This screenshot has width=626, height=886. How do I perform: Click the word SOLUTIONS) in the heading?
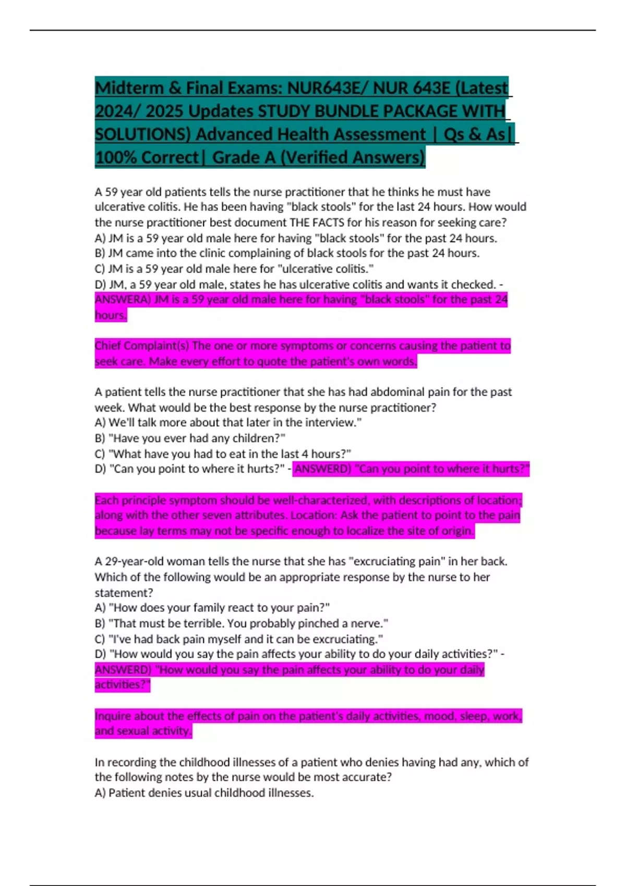click(143, 134)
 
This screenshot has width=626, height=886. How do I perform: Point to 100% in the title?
click(115, 157)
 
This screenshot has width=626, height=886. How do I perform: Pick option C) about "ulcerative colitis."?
click(234, 269)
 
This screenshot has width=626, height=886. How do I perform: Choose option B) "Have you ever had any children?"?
click(190, 438)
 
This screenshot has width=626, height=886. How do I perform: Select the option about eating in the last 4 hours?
click(223, 454)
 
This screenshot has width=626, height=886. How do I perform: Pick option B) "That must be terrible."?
click(241, 624)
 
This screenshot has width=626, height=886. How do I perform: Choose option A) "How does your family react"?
click(212, 608)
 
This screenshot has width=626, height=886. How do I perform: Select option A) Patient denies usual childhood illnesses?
click(204, 793)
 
